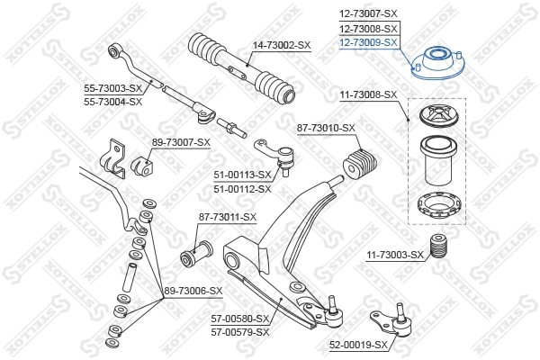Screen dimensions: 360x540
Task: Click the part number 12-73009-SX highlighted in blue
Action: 368,41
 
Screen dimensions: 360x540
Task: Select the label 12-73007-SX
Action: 368,14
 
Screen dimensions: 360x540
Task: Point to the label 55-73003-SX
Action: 113,88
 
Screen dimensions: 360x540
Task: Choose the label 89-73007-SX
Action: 181,142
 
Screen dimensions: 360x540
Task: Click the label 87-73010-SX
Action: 326,130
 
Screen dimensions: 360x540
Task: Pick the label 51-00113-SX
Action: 240,175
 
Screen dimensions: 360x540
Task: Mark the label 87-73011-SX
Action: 228,217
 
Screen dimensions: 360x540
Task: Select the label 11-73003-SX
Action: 394,256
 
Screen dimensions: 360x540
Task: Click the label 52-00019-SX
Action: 358,345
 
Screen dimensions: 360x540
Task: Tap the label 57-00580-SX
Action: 240,319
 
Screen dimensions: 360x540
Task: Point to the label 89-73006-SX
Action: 192,291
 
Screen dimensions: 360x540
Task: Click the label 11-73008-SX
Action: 367,94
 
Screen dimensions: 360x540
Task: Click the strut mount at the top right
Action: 438,63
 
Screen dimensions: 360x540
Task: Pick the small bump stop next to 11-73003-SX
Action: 441,247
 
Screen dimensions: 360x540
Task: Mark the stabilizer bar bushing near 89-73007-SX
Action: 141,166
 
